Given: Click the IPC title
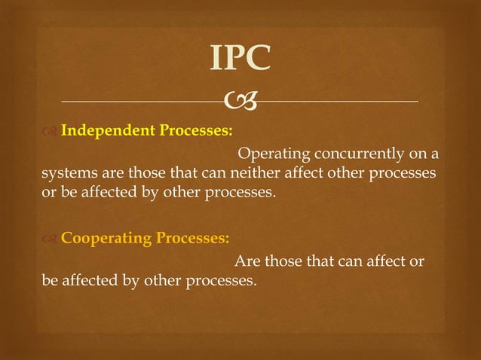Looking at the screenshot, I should pyautogui.click(x=240, y=58).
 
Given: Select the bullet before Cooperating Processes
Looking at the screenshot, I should pyautogui.click(x=49, y=240).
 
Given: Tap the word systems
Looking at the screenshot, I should pyautogui.click(x=64, y=174).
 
